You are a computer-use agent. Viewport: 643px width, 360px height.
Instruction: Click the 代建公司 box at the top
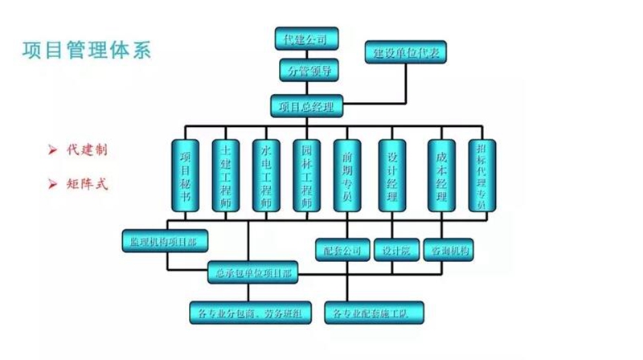(x=306, y=38)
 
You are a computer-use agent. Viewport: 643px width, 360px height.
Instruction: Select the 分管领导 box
(x=306, y=71)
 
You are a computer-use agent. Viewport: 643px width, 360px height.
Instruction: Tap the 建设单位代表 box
(x=405, y=54)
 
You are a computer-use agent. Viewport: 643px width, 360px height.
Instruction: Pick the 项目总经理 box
(x=306, y=105)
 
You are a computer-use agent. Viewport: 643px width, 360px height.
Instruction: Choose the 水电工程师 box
(x=265, y=176)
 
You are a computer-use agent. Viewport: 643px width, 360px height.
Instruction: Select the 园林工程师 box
(x=305, y=176)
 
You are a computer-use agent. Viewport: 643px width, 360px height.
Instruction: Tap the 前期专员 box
(x=346, y=176)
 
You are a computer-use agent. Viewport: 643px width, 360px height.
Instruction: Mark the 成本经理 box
(x=441, y=176)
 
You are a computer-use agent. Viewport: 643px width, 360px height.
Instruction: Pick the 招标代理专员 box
(x=481, y=176)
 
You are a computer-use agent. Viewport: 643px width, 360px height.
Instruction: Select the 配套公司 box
(x=342, y=251)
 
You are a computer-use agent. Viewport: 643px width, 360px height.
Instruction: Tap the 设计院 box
(x=395, y=251)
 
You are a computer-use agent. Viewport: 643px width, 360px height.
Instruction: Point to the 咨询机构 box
(x=448, y=251)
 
